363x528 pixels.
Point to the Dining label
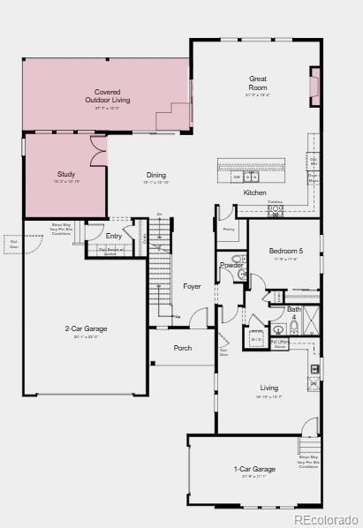156,175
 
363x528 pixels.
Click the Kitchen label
255,192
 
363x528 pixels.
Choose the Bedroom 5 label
285,252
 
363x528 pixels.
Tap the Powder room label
231,265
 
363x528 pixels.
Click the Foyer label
192,286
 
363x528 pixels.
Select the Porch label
183,348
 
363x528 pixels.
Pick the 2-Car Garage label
86,329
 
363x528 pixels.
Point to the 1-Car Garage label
254,469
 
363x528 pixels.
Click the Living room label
268,388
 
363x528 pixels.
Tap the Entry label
114,236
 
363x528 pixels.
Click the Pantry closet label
228,229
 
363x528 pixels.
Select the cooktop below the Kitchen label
276,211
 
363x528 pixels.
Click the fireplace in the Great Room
314,86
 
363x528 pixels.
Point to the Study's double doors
97,147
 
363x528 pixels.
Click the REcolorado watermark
327,519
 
